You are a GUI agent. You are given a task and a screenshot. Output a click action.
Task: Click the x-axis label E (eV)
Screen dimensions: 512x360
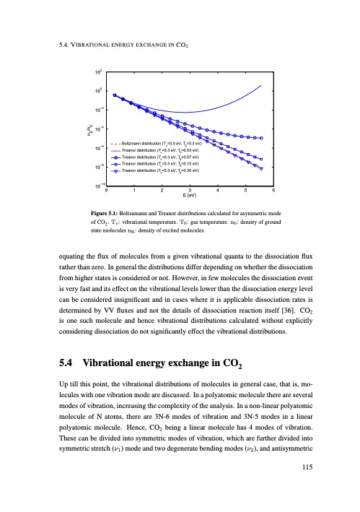tap(190, 196)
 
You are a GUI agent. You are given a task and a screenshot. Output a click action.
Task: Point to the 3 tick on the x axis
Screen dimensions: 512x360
tap(190, 189)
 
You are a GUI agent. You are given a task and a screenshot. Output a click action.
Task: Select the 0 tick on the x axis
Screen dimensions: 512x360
tap(107, 189)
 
